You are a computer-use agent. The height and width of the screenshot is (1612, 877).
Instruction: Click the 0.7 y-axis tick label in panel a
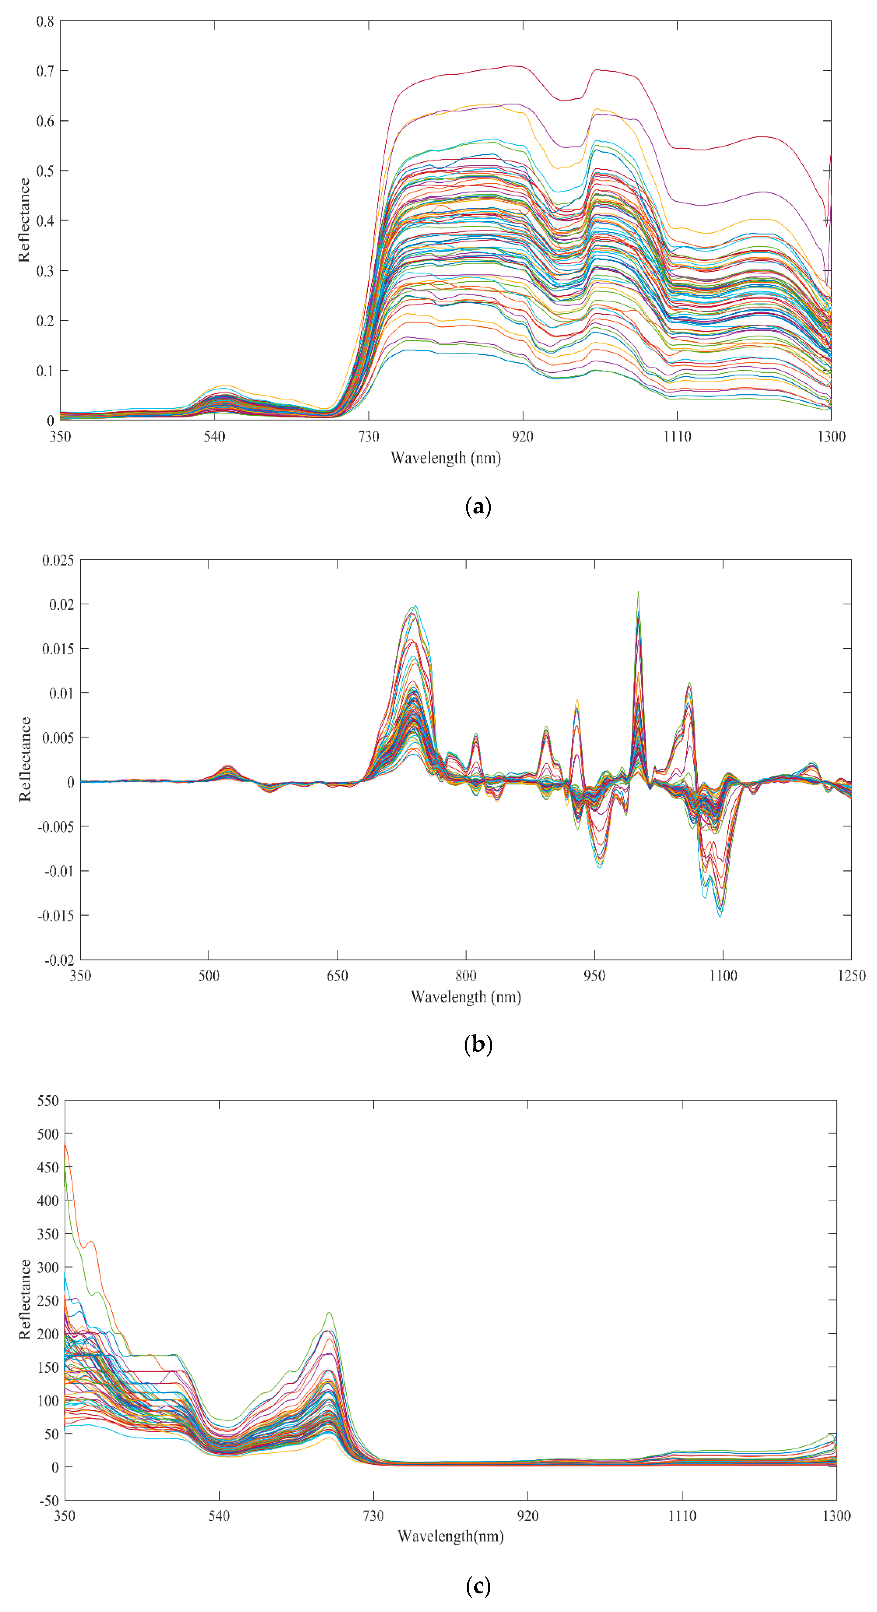click(45, 71)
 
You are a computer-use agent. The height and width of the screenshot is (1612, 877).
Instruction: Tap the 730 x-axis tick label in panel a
click(368, 436)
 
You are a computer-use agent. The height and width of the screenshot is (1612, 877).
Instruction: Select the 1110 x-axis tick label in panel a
click(677, 436)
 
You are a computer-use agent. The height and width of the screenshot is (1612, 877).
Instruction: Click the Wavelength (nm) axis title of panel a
click(445, 458)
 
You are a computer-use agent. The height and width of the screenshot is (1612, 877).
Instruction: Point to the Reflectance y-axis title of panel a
click(24, 220)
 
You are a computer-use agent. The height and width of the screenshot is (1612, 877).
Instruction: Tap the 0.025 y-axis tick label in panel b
click(58, 560)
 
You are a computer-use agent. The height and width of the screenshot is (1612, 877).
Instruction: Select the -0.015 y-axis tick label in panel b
click(55, 916)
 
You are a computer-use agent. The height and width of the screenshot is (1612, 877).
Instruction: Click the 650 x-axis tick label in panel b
click(337, 976)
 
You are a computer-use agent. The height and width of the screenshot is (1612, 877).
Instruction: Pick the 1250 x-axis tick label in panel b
click(851, 976)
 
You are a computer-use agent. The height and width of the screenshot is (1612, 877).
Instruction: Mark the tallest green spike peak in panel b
click(638, 592)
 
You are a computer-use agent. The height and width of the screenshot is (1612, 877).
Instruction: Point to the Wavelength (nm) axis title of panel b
click(465, 997)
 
